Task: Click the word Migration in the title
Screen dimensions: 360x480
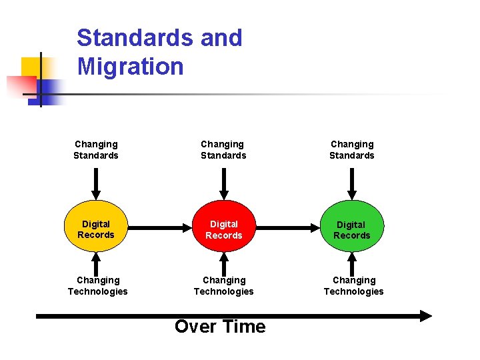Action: [130, 67]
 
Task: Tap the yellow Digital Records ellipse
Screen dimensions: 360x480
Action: [96, 229]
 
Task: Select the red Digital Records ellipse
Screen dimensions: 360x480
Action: [224, 229]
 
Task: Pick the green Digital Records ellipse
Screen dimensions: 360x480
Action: [351, 230]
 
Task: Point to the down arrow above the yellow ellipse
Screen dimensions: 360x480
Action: [96, 183]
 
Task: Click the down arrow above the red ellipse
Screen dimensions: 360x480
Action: [224, 183]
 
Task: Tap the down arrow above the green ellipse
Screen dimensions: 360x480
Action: [351, 183]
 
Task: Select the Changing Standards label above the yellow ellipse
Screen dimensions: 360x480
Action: [96, 149]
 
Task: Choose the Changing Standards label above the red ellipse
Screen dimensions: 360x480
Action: [223, 149]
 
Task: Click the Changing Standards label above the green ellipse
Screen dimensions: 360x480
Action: [352, 149]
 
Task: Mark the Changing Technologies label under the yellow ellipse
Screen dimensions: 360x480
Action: [98, 285]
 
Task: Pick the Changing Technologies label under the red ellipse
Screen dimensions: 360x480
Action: [224, 285]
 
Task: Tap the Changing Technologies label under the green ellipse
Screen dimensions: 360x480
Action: [354, 285]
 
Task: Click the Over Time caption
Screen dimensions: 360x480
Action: [220, 326]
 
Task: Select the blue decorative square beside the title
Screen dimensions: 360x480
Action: [51, 90]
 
